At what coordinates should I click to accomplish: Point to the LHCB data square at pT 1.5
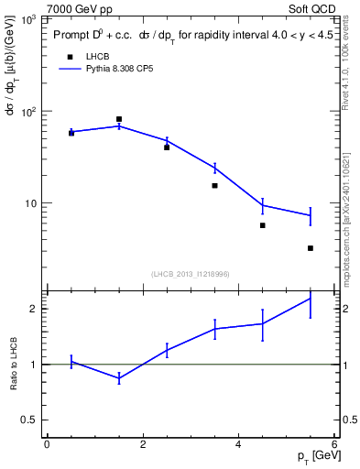[119, 119]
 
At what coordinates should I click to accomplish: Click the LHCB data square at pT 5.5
[311, 248]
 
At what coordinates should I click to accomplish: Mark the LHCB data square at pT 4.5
[263, 225]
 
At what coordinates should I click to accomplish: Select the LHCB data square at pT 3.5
[215, 186]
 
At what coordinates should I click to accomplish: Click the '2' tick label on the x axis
[143, 445]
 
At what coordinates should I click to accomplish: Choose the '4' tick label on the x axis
[239, 445]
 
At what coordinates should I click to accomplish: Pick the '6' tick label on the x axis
[334, 445]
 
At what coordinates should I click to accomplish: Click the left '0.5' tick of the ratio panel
[29, 420]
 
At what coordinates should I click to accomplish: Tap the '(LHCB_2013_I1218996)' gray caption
[190, 273]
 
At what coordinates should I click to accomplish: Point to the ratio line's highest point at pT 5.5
[311, 298]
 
